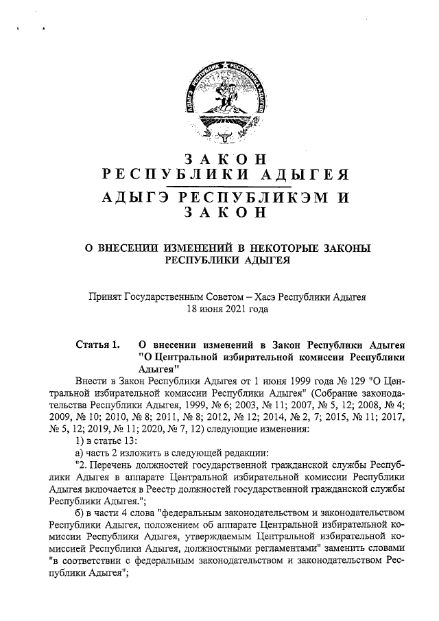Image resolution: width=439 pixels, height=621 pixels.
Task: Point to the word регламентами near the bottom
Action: [283, 550]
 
